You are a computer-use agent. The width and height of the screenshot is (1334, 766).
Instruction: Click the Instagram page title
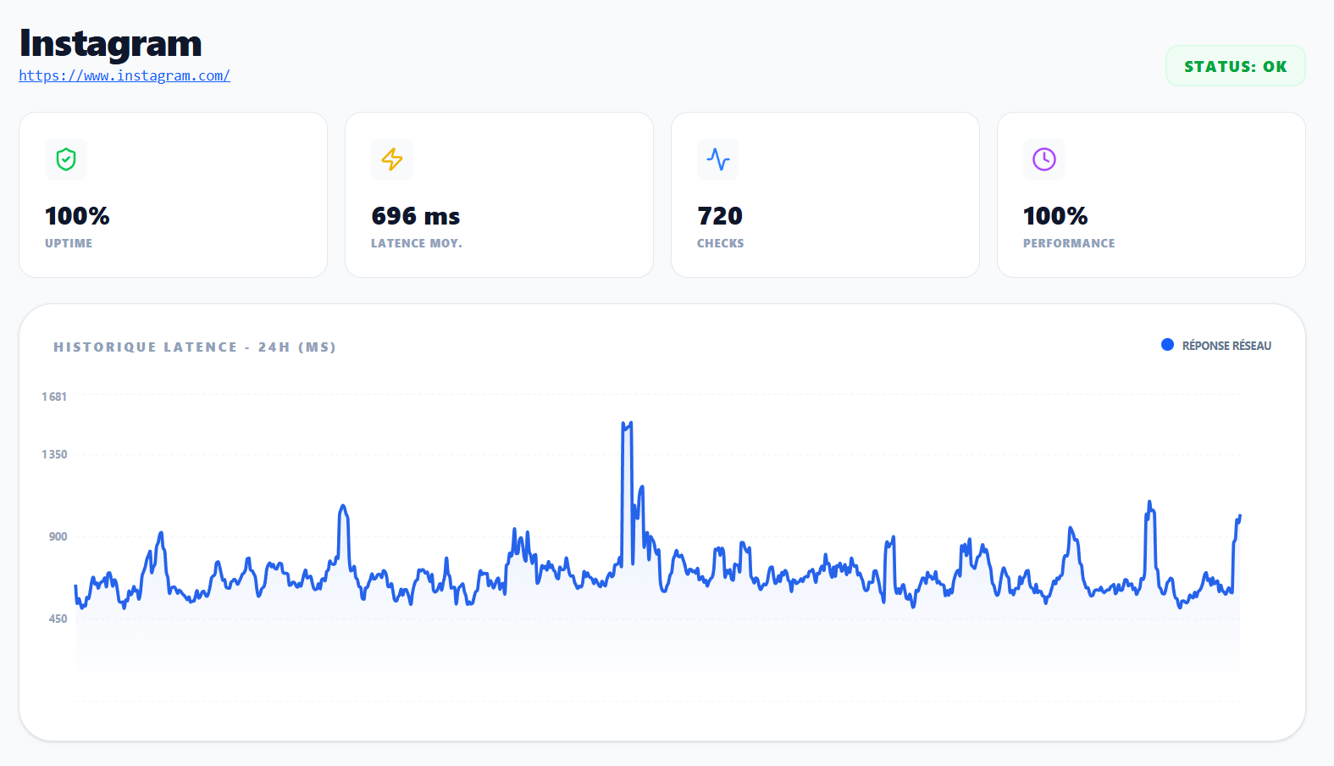110,43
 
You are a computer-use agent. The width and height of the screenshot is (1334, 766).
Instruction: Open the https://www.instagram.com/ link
125,75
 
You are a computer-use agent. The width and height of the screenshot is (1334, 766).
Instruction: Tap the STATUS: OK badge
1235,66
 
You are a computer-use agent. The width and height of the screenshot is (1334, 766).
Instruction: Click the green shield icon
66,159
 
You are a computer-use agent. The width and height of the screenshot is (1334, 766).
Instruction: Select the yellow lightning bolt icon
392,159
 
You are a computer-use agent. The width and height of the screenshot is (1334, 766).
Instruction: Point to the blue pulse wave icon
718,159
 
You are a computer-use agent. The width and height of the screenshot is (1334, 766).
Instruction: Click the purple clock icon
1044,159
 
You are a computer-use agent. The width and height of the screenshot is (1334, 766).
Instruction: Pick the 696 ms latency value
415,216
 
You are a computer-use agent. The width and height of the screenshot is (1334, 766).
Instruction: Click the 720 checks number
720,216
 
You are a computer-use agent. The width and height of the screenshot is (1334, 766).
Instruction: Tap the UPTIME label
69,243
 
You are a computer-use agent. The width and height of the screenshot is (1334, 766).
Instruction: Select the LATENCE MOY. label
416,243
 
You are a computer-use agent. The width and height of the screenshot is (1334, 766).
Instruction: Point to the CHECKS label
720,243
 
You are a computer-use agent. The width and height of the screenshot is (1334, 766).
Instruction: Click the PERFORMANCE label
1069,243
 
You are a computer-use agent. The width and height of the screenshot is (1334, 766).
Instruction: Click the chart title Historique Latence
195,347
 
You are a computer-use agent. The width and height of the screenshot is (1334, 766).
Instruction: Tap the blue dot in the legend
1167,345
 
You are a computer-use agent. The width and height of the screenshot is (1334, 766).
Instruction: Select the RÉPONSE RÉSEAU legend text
1226,346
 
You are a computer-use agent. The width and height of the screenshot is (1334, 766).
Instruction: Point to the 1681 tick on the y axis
54,397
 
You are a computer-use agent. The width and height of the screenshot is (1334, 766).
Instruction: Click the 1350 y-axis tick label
54,454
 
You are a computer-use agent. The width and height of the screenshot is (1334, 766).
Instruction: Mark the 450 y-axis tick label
58,619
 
